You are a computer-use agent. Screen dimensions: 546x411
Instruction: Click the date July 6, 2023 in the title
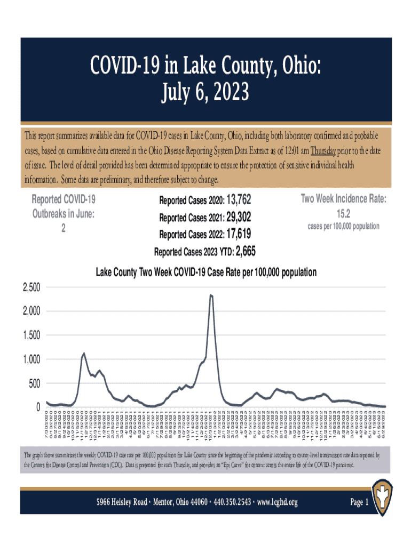205,93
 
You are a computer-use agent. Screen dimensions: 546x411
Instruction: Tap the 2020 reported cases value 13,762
239,200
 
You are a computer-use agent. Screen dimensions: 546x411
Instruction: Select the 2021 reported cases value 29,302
239,217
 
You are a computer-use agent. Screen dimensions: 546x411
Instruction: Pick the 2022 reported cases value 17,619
239,234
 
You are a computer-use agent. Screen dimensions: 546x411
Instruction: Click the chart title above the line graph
205,272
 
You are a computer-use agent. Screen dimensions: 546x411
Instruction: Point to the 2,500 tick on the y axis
31,288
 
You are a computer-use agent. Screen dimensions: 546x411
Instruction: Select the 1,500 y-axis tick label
31,336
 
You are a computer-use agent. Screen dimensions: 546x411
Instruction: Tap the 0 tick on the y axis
38,407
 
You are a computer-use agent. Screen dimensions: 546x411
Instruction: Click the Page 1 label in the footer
359,502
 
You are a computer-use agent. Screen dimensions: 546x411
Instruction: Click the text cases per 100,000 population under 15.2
343,227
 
